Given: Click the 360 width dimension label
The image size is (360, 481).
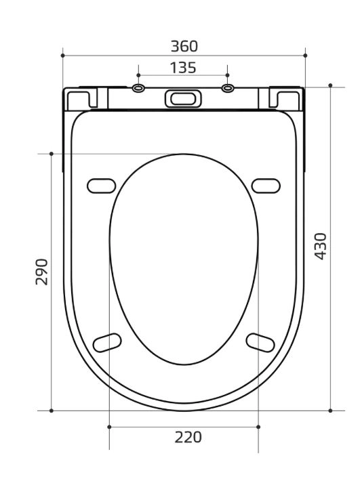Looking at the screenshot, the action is tap(184, 46).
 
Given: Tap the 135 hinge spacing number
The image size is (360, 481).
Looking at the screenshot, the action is tap(183, 68).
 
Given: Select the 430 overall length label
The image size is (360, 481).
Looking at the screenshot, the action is tap(321, 247).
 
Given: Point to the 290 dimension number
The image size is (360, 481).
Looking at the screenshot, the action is tap(42, 272).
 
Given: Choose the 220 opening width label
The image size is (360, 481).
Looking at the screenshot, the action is tap(188, 437).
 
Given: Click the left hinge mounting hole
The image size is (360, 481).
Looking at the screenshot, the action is tap(138, 88).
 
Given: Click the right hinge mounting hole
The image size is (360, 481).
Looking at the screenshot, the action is tap(227, 88).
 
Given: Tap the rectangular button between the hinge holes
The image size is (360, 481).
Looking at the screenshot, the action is tap(183, 98).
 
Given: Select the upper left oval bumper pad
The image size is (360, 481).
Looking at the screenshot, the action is tap(101, 186).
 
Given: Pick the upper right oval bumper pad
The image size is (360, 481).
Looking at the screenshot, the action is tap(266, 186).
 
